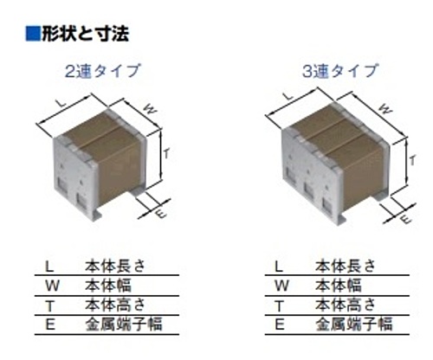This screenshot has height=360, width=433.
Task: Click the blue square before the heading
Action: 33,34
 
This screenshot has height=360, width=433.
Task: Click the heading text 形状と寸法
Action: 86,34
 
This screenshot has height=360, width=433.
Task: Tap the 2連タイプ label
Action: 102,71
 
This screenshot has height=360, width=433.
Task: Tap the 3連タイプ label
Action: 339,71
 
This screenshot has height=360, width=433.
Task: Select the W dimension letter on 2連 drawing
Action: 150,109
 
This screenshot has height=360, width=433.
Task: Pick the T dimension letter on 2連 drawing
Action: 166,153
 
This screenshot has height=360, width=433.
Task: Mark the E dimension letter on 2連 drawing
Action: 161,214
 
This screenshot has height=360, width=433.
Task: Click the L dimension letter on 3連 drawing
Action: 289,96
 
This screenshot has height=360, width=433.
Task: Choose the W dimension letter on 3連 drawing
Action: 385,109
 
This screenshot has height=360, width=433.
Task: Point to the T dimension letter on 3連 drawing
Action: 413,160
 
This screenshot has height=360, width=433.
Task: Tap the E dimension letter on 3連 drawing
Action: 406,220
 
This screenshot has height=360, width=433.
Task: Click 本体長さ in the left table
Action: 115,266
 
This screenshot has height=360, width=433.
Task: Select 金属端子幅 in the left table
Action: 124,325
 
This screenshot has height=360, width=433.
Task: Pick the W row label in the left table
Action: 52,286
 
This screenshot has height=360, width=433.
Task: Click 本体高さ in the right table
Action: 346,305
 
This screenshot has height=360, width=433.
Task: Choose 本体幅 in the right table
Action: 339,285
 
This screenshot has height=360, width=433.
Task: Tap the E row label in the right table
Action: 280,325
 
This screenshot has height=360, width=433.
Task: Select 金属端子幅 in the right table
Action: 354,325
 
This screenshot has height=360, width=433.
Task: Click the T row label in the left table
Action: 50,305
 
